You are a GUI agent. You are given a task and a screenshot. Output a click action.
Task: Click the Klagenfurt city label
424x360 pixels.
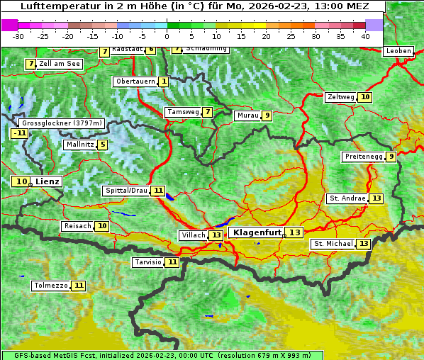(256, 232)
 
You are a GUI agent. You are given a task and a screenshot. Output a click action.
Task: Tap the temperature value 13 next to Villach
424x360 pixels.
(216, 235)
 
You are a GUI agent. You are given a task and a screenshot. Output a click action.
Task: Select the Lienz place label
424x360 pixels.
(48, 181)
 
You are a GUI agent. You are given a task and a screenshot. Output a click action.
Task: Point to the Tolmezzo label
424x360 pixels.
(50, 286)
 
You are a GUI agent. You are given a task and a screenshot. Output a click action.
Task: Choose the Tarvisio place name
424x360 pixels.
(148, 262)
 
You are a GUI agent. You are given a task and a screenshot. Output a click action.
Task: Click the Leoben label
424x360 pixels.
(398, 51)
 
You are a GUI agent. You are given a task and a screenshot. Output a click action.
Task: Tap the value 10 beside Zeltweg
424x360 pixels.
(364, 97)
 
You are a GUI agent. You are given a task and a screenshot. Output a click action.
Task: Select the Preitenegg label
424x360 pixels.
(364, 157)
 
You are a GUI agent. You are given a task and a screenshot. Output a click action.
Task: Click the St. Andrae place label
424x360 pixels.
(347, 198)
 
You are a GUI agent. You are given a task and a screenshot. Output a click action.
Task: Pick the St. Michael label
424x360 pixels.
(333, 244)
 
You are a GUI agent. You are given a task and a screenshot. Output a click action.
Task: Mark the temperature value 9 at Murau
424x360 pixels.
(267, 116)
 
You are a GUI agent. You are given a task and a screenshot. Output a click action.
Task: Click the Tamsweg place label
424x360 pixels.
(182, 112)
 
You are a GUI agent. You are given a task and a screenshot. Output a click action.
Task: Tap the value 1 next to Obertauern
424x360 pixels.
(164, 81)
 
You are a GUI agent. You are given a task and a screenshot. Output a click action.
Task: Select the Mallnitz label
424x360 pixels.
(79, 145)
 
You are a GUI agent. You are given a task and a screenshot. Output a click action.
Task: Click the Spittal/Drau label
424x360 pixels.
(125, 191)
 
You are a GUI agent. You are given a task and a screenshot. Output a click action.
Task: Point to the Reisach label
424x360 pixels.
(77, 226)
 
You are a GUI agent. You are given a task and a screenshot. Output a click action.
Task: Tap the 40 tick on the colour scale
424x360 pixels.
(364, 35)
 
